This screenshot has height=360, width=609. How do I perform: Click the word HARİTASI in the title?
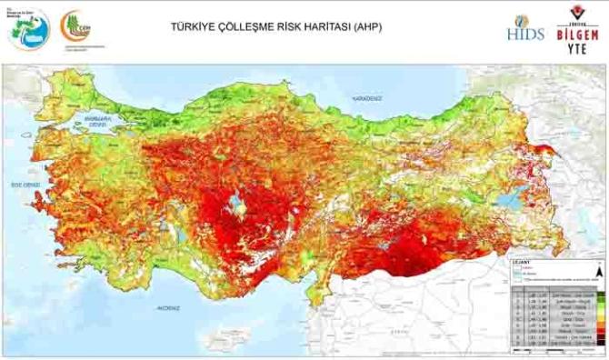point(310,27)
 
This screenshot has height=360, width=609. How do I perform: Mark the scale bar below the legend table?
point(554,353)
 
